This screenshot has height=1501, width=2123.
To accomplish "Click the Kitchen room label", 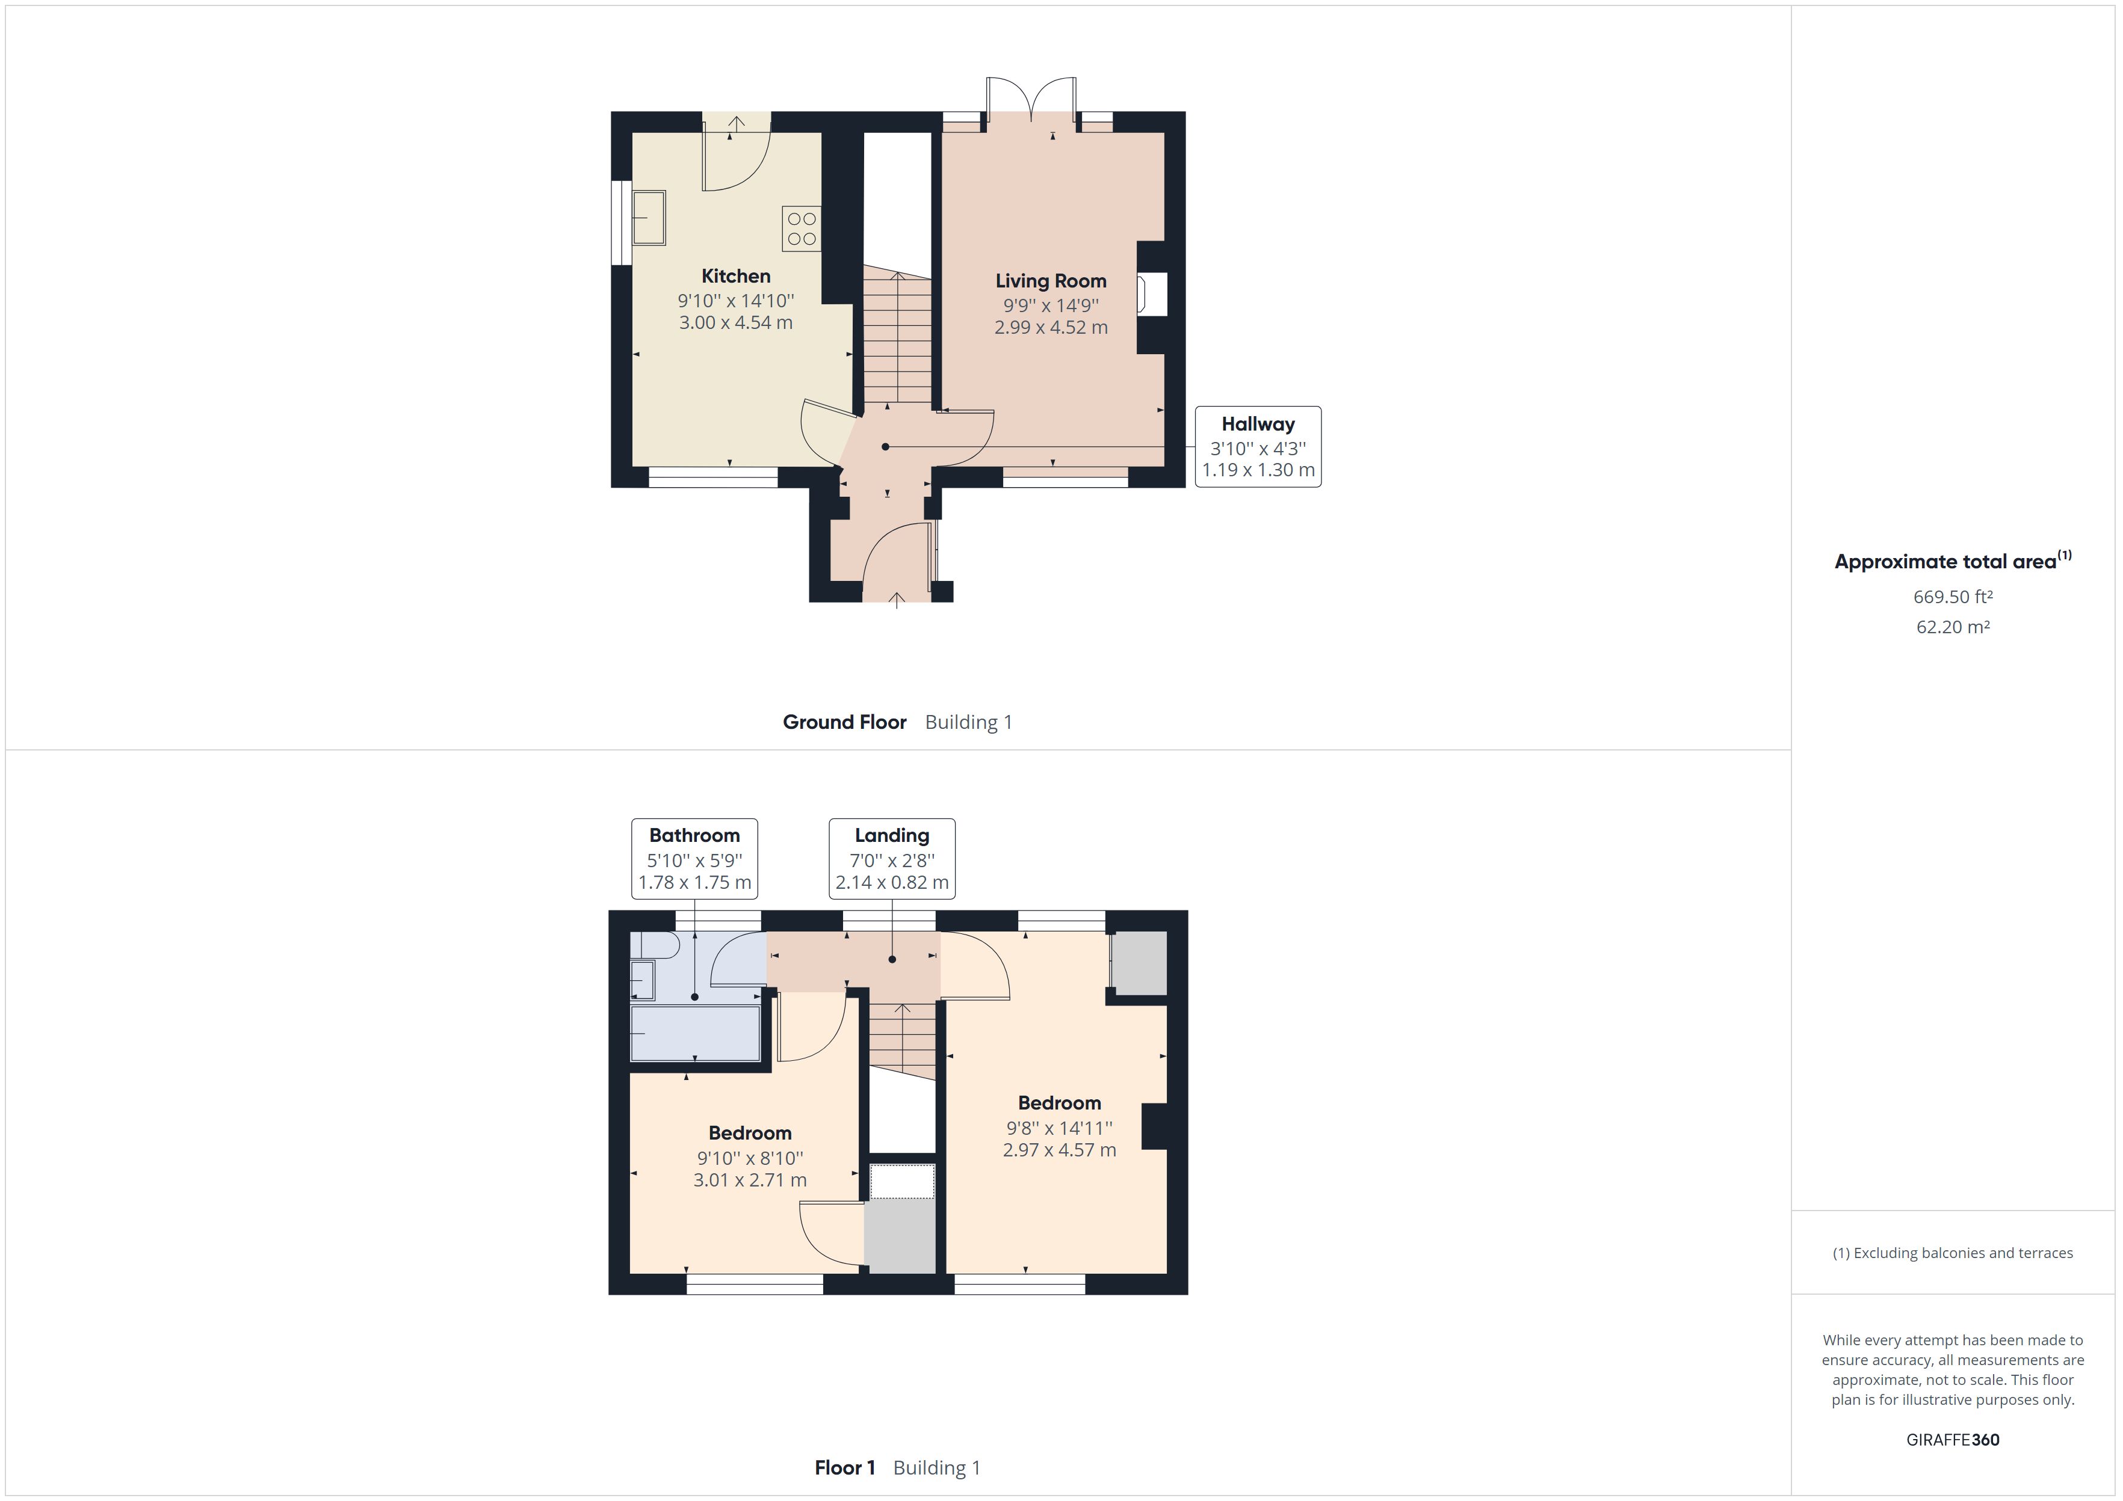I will tap(735, 275).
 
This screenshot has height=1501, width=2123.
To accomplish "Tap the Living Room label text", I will tap(1051, 281).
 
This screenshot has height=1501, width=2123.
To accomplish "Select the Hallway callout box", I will tap(1258, 446).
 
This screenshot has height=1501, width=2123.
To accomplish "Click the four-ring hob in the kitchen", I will tap(802, 229).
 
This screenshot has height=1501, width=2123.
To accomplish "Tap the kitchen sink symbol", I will tap(648, 218).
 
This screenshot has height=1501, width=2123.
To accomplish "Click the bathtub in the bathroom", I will tap(694, 1033).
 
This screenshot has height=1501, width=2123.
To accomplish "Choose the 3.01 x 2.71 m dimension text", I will tap(750, 1180).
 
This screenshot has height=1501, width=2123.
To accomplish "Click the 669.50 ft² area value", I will tap(1952, 597).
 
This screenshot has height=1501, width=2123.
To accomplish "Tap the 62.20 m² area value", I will tap(1952, 627).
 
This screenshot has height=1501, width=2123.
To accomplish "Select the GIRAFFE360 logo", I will tap(1952, 1439).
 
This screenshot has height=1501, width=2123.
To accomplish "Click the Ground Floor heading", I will tap(844, 722).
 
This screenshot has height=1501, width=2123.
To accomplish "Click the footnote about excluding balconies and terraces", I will tap(1952, 1253).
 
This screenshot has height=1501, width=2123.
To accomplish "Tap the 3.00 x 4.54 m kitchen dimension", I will tap(735, 322).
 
